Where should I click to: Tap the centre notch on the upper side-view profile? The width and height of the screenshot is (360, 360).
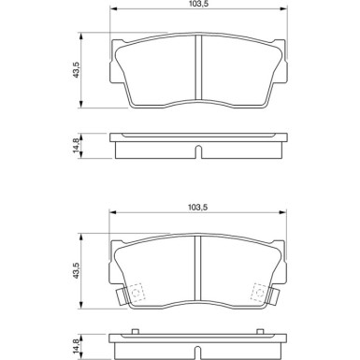point(198,151)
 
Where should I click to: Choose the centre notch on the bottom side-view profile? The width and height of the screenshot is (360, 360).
point(198,352)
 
